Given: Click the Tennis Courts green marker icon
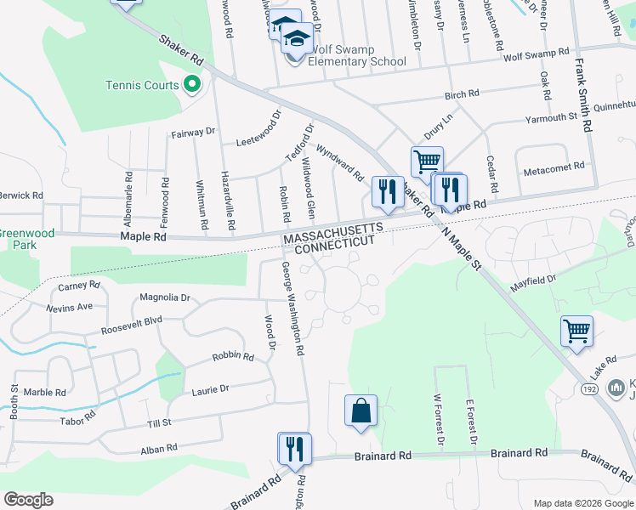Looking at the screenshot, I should (x=191, y=84).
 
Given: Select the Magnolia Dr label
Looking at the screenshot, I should (x=167, y=297).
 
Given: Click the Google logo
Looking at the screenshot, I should (x=28, y=500).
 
